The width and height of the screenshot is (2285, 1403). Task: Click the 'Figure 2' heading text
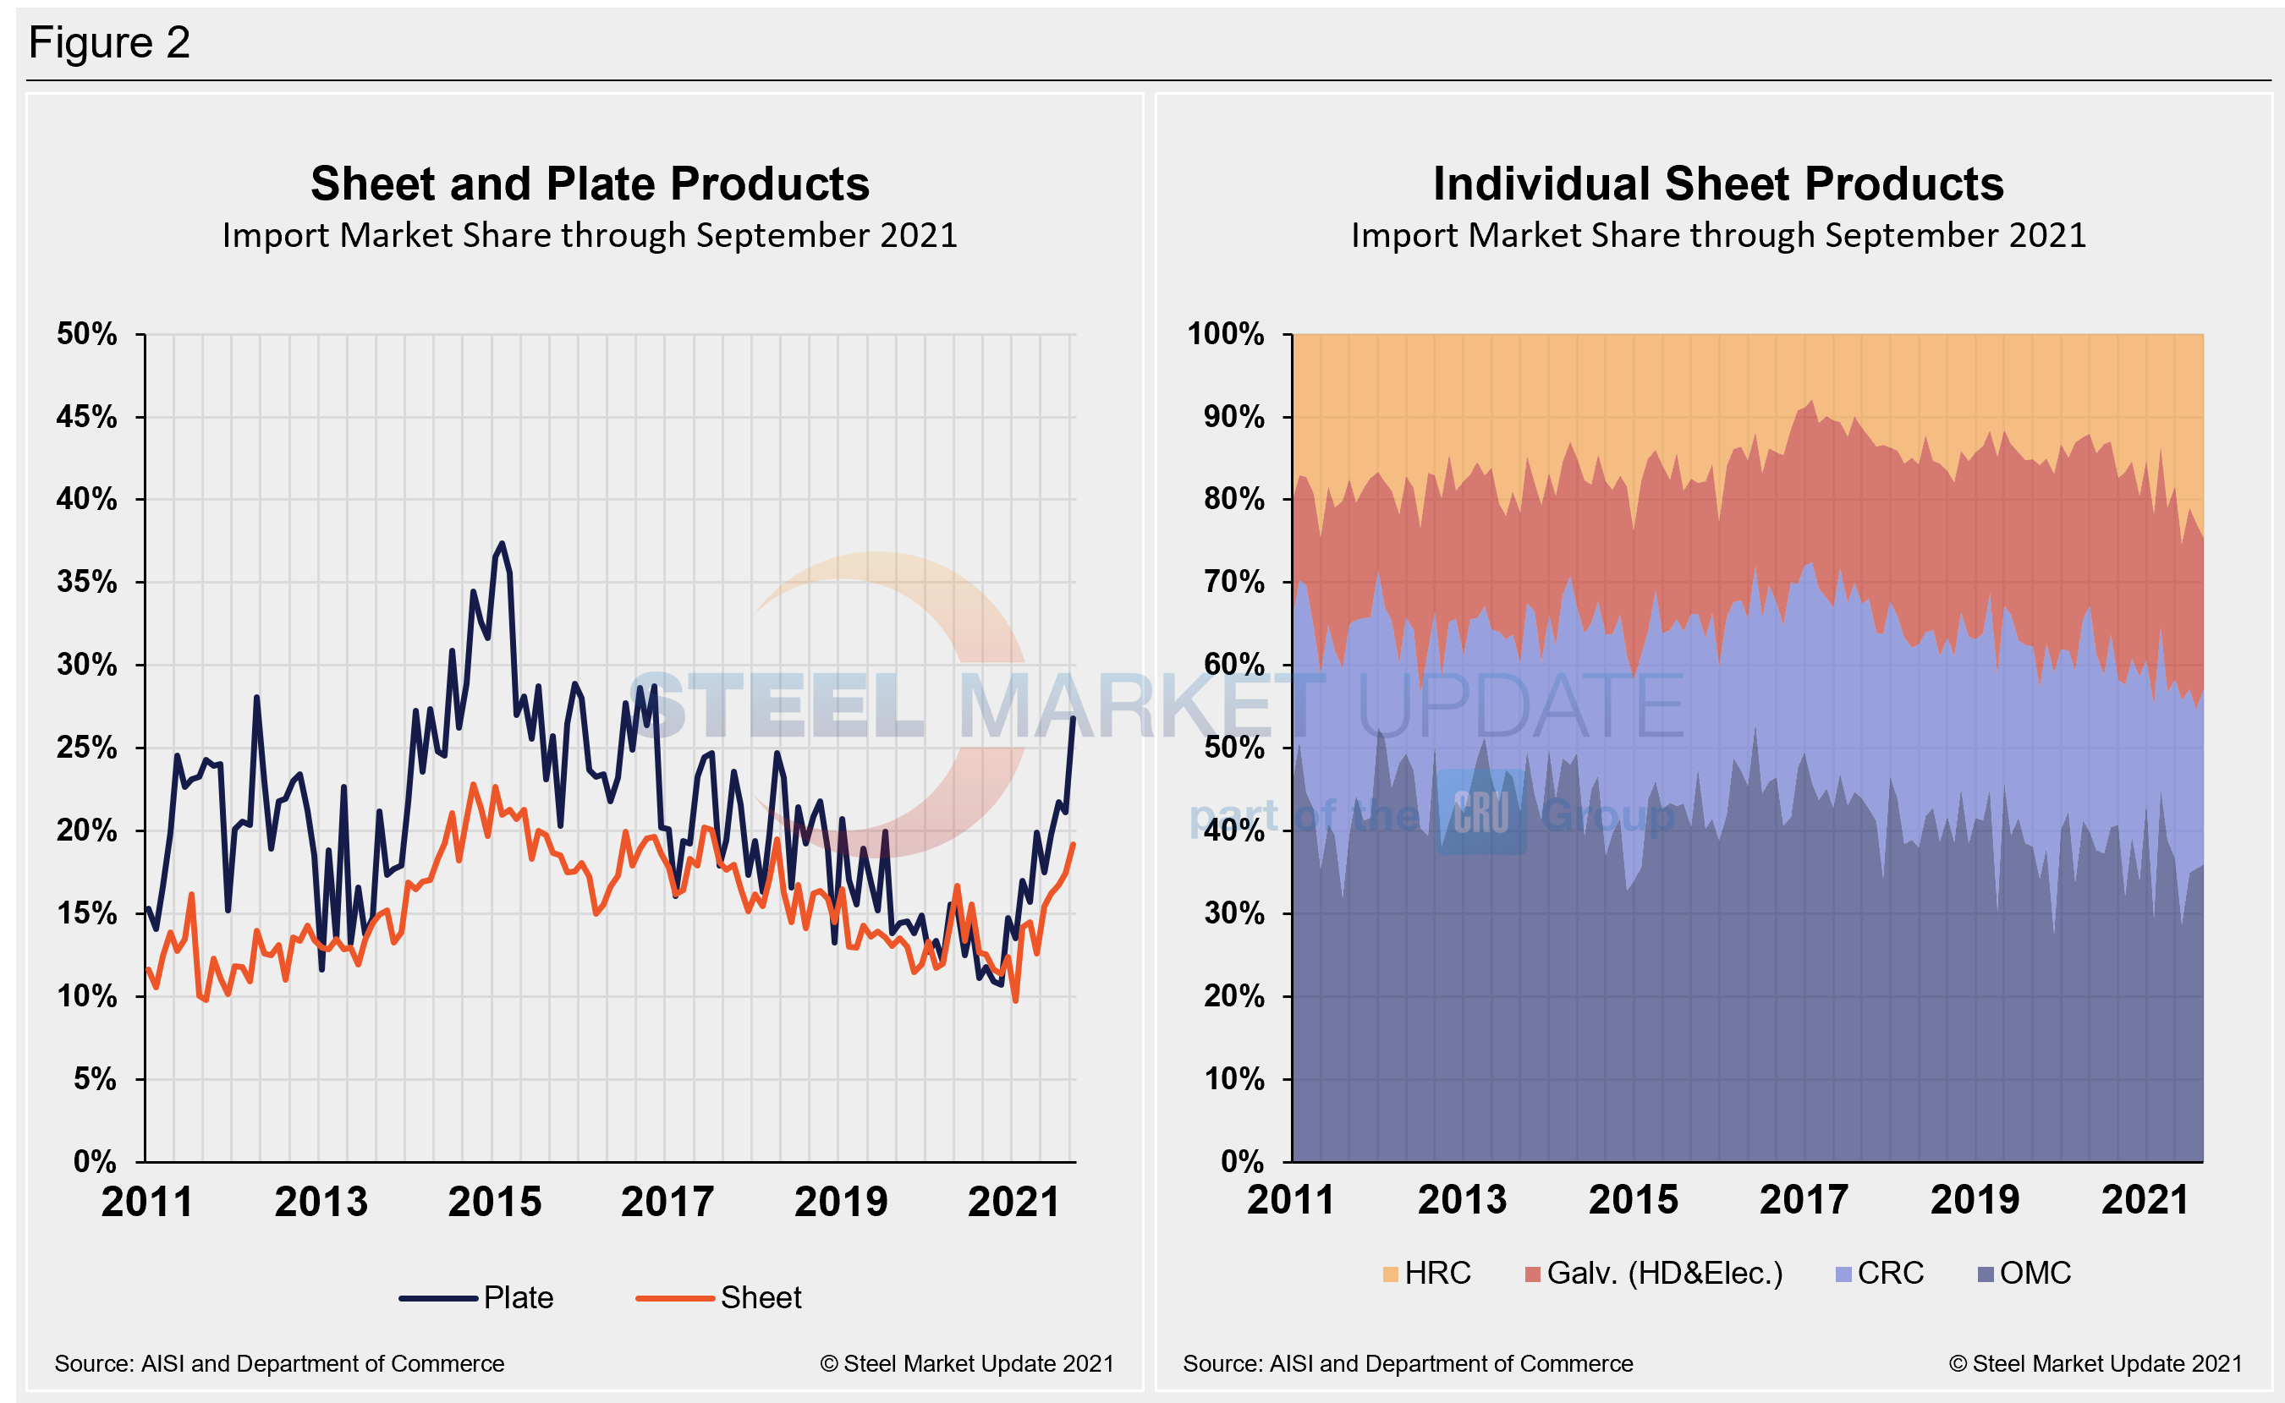(109, 42)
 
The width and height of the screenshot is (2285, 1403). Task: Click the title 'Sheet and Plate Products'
(590, 184)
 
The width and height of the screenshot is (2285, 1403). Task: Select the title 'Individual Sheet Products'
(1718, 184)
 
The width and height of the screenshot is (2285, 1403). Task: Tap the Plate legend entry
(477, 1297)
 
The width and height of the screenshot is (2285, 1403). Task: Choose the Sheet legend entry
(719, 1297)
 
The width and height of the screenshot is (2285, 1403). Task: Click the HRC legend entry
(1427, 1273)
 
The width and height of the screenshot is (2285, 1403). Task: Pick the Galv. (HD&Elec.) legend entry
(1654, 1273)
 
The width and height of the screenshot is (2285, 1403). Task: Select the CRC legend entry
(1881, 1273)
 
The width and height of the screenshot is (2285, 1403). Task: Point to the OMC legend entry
(2025, 1273)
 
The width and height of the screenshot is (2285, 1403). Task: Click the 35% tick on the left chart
(87, 582)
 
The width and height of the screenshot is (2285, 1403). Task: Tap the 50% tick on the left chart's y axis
(87, 334)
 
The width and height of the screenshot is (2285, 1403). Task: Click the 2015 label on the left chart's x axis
(495, 1203)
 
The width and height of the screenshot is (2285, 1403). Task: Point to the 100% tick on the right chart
(1225, 334)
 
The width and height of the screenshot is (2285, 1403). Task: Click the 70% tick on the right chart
(1233, 582)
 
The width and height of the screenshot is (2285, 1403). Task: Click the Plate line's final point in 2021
(1073, 718)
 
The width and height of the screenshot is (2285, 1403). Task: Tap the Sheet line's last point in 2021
(1074, 843)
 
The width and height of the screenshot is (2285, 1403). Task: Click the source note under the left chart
(279, 1363)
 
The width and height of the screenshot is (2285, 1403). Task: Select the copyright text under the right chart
(2095, 1363)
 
